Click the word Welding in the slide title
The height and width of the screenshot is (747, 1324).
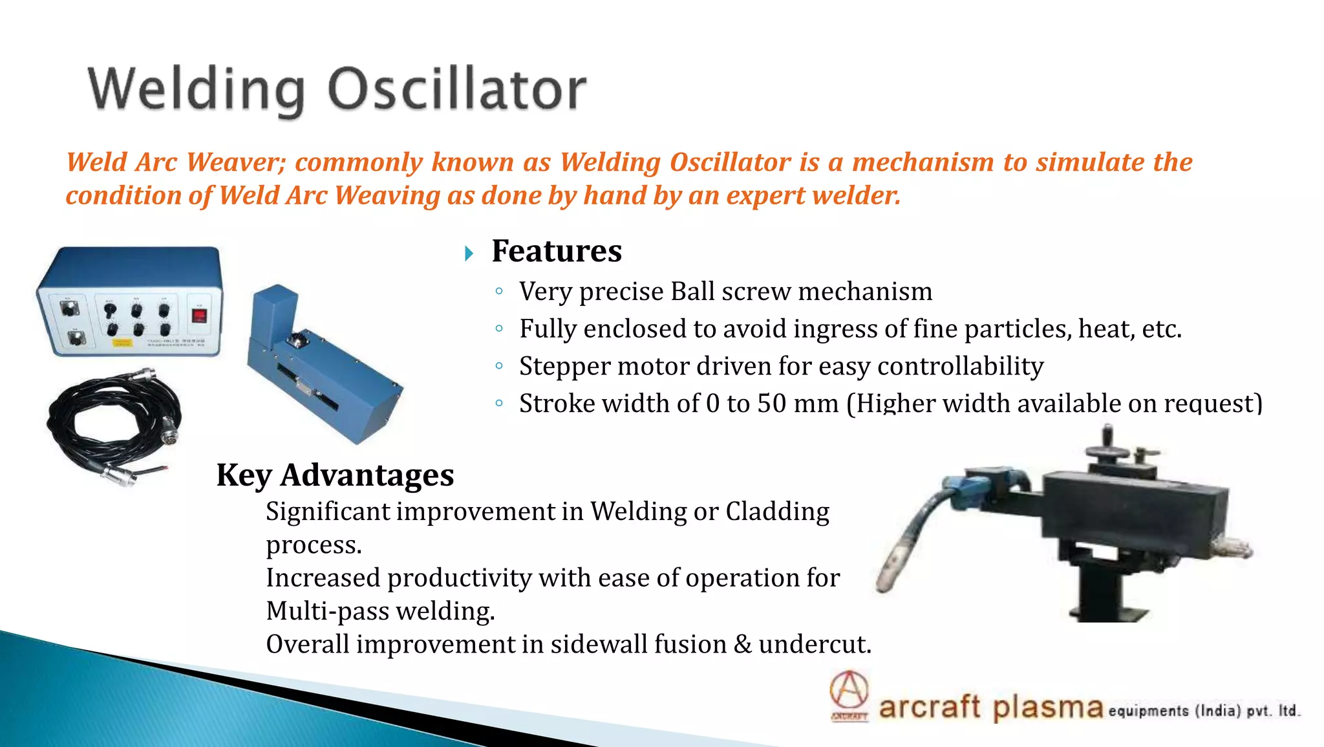click(x=196, y=91)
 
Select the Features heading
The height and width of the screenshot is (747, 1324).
click(x=556, y=251)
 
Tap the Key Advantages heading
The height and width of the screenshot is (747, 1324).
click(x=335, y=475)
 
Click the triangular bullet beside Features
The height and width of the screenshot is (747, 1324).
click(x=469, y=254)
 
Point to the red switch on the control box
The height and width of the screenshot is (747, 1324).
click(x=199, y=316)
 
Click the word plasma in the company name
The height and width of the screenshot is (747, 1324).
click(x=1047, y=707)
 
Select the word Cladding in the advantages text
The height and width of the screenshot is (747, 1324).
click(x=777, y=512)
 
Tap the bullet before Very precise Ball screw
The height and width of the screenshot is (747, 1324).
click(x=498, y=292)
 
